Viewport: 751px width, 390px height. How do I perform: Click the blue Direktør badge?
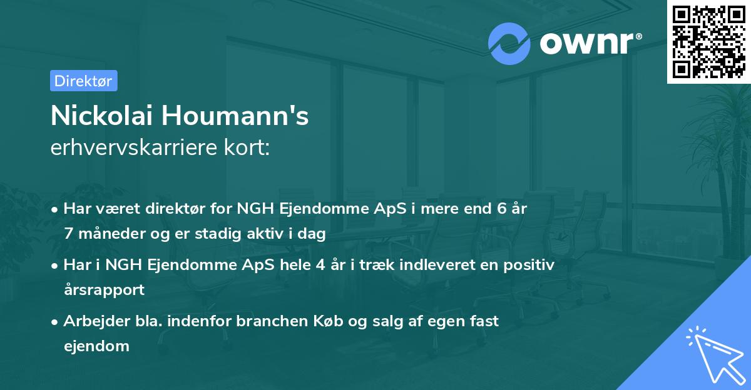click(83, 81)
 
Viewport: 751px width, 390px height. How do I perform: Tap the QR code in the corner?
click(708, 42)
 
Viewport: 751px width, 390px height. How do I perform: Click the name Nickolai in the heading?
click(102, 116)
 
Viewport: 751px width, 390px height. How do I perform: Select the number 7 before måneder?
click(68, 234)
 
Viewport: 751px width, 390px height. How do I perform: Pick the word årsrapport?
click(104, 290)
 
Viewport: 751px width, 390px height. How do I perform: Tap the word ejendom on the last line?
click(96, 346)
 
